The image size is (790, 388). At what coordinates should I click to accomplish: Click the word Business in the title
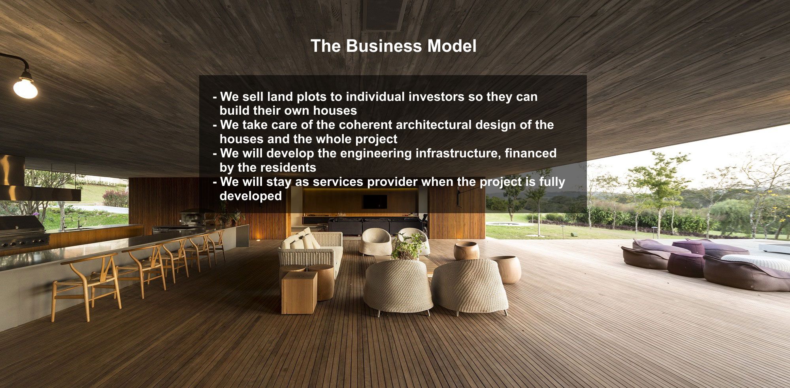tap(384, 46)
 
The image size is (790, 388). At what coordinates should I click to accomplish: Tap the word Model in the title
tap(452, 46)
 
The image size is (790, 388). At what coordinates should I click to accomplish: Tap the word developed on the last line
tap(251, 196)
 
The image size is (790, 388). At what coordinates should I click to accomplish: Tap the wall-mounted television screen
tap(375, 201)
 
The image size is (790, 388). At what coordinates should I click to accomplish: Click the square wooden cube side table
tap(299, 292)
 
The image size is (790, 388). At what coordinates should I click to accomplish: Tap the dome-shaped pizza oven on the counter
tap(192, 217)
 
